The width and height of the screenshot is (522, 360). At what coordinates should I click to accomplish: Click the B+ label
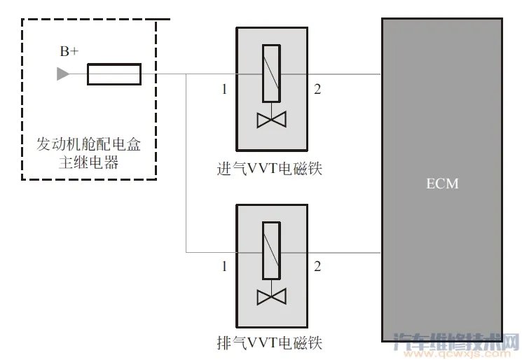[69, 51]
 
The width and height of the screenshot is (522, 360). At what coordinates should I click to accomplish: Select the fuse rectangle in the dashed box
[114, 74]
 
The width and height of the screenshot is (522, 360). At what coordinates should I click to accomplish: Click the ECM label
[442, 184]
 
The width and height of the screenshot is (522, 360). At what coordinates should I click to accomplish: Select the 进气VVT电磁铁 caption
[270, 169]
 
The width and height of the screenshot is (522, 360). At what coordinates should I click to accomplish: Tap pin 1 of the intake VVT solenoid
[224, 90]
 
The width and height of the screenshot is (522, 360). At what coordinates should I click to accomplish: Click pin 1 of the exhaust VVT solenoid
[224, 266]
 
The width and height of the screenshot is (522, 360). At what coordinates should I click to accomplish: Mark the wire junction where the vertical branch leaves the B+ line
[186, 74]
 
